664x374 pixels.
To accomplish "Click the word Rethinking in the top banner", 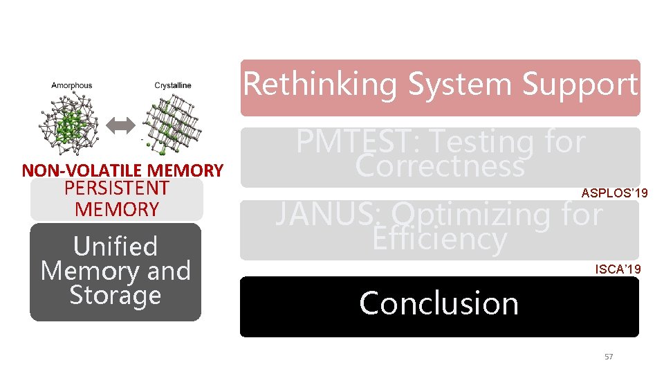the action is (x=320, y=84).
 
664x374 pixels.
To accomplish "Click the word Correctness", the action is (x=439, y=166).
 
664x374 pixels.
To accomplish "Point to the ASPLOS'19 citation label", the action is (x=614, y=193).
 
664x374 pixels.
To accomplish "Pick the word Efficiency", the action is (x=439, y=239).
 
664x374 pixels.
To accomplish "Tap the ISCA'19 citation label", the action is (x=618, y=269).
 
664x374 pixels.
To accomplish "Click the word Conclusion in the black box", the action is (x=439, y=303).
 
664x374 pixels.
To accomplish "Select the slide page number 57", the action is (x=609, y=357).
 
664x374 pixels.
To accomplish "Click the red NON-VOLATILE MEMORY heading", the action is (x=122, y=170).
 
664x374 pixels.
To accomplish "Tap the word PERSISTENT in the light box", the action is (x=116, y=188).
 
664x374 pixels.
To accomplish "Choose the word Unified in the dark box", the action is (x=116, y=247).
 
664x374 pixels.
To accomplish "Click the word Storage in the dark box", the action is (x=116, y=295).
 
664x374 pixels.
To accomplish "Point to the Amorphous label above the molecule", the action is (x=71, y=86).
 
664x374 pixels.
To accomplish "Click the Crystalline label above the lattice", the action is (x=173, y=86).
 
